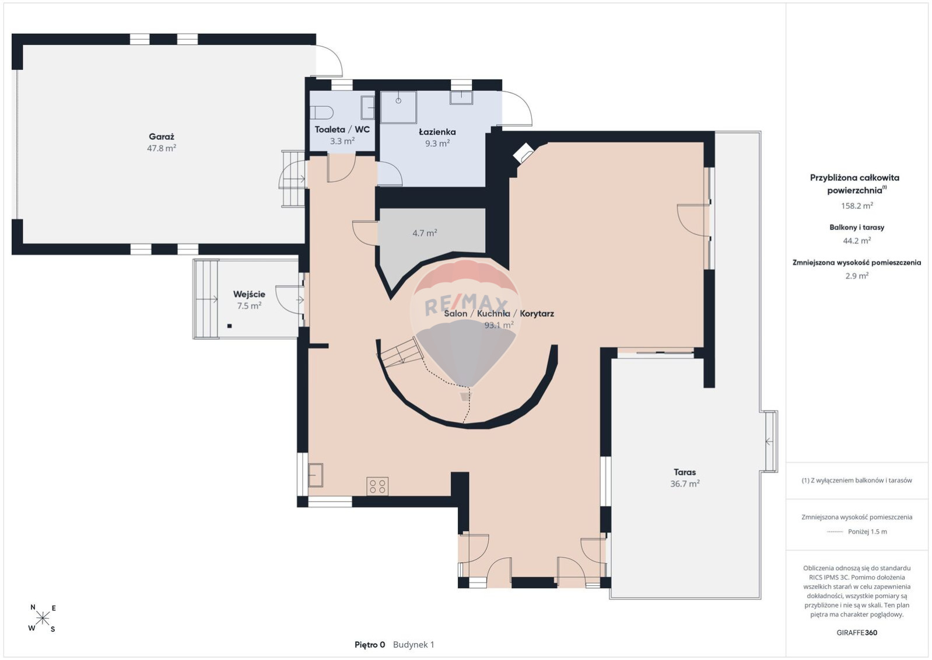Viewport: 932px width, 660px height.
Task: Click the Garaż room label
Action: pos(162,137)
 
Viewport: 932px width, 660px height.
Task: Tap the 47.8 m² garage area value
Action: pos(162,148)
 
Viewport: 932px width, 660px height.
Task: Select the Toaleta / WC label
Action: pos(342,130)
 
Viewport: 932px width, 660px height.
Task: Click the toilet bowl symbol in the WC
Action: pos(321,113)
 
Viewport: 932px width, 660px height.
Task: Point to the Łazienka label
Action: pos(437,132)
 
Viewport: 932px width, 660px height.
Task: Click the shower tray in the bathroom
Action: pos(398,107)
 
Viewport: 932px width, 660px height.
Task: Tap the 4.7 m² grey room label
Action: pos(425,233)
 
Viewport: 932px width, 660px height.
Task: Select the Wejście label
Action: pos(249,294)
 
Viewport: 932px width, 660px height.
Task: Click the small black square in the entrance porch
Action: pos(229,326)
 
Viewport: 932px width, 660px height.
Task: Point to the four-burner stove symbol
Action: pos(377,486)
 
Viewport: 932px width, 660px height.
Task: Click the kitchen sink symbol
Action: pos(316,475)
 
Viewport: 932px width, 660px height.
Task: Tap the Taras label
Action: pos(685,472)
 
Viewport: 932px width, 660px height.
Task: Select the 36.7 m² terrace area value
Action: pos(685,484)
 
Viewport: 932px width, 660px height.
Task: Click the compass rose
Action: pos(43,618)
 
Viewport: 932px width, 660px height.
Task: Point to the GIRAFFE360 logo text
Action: pos(857,633)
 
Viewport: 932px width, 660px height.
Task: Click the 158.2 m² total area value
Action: pos(857,206)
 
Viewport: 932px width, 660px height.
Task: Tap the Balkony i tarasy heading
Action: pos(857,228)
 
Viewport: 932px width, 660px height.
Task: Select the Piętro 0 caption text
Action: pos(370,645)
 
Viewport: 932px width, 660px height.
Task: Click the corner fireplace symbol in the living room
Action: pos(523,153)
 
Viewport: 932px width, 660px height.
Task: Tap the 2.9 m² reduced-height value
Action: pos(857,275)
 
